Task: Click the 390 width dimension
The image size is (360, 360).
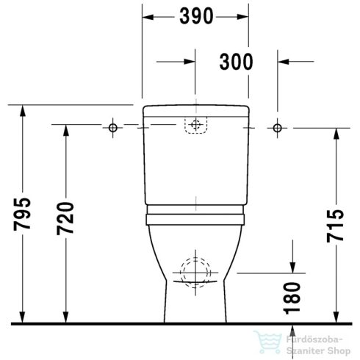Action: (x=195, y=15)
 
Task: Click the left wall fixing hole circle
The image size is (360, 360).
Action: (x=113, y=128)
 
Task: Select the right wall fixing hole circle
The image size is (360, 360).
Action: (x=277, y=128)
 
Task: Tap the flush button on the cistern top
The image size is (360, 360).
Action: (x=195, y=126)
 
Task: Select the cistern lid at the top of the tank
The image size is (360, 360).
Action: (x=195, y=111)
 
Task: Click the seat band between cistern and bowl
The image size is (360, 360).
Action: (x=195, y=217)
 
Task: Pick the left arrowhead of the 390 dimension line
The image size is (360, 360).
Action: (x=146, y=15)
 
